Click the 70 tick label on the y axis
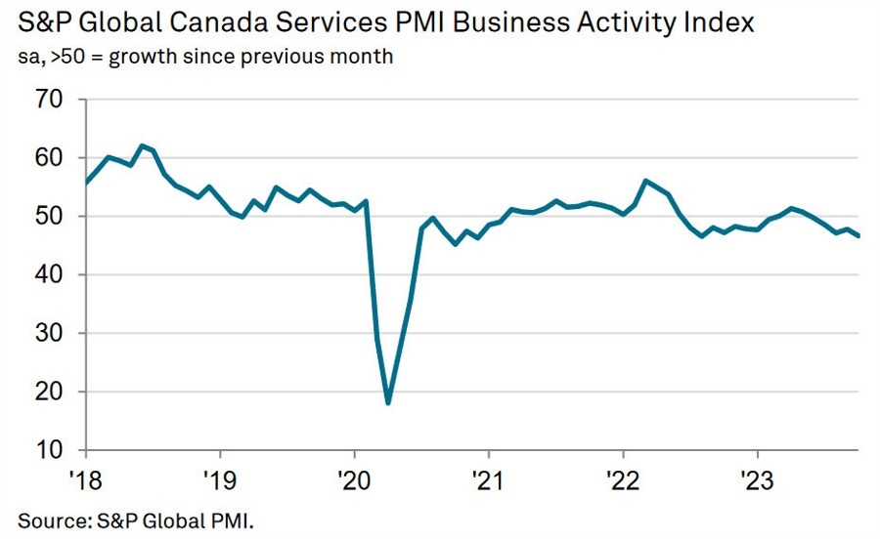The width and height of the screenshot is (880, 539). click(49, 100)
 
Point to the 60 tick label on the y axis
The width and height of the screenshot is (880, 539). click(49, 158)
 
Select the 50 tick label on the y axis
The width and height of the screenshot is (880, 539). click(49, 217)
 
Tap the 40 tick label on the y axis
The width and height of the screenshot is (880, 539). click(49, 275)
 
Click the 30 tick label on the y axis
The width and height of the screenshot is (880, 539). click(49, 334)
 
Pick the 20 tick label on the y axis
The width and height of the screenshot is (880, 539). click(49, 393)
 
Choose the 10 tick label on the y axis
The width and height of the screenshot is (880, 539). click(49, 451)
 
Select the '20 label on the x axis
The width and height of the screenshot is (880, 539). click(354, 479)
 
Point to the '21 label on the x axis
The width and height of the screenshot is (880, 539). click(488, 479)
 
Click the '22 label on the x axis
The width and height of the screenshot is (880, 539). click(623, 479)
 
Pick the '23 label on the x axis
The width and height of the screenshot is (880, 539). click(757, 479)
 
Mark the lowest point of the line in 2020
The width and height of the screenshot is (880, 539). click(388, 402)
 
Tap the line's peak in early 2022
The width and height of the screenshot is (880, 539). click(646, 181)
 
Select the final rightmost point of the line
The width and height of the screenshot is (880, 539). click(858, 236)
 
